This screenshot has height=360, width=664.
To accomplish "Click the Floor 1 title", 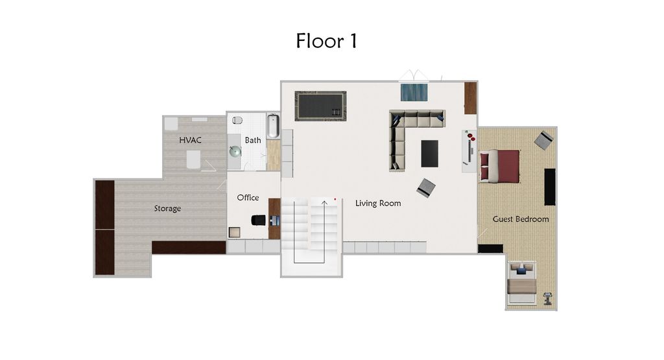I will point(326,41).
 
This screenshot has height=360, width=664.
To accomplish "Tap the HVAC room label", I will point(190,140).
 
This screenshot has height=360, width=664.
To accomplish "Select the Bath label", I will point(253,140).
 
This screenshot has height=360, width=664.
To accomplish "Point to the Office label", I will point(248,198).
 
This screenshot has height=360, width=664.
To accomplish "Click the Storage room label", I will point(167,209).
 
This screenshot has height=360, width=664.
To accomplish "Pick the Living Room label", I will point(378,204).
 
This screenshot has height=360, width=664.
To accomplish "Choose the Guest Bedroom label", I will point(521,219).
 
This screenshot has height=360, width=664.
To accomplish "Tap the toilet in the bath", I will point(237,120).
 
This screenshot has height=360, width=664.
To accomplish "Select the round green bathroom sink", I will point(235,152).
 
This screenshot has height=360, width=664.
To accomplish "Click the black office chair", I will point(259,220).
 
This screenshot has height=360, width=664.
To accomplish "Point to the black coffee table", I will point(430,154).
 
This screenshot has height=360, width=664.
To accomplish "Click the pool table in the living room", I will point(320,106).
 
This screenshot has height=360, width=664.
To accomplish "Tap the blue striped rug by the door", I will point(414,92).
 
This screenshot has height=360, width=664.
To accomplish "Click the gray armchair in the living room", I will point(426,188).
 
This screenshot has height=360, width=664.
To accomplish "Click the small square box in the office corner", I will point(234,232).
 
